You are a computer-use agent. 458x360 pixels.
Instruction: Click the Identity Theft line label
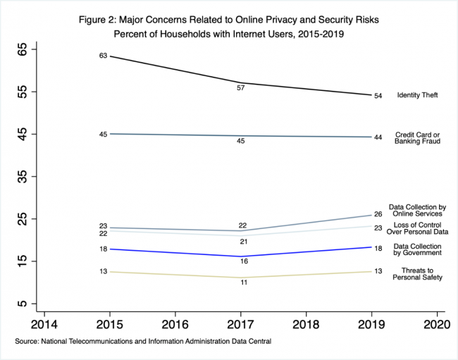(418, 95)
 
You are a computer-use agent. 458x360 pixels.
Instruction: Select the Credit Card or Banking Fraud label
(418, 137)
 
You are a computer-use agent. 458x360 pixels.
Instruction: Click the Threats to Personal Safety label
(417, 274)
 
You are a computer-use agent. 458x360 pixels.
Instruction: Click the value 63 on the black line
(103, 55)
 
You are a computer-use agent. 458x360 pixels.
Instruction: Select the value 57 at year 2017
(241, 89)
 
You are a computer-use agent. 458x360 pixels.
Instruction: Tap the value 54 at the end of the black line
(378, 96)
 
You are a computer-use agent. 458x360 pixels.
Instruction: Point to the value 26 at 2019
(378, 214)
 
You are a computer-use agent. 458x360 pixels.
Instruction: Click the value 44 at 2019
(378, 137)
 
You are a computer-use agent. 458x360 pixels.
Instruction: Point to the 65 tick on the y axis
(23, 49)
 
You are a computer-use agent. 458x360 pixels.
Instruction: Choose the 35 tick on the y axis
(23, 176)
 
